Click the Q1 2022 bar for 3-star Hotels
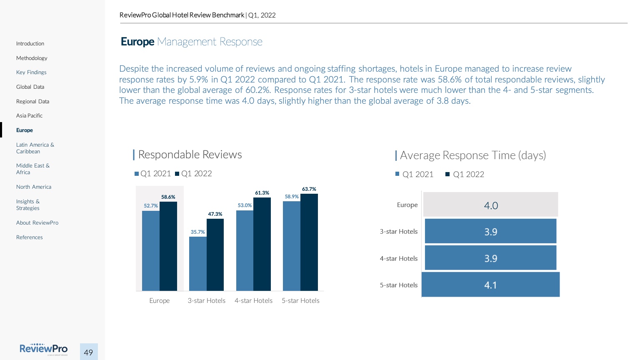[215, 255]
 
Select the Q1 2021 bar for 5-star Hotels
[292, 246]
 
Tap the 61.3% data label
[262, 193]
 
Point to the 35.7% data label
[198, 232]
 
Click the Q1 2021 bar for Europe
[151, 250]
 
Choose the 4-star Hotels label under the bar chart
[253, 301]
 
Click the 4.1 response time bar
[490, 285]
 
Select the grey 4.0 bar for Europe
[490, 205]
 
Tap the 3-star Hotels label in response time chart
[398, 232]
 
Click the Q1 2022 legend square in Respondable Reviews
[177, 174]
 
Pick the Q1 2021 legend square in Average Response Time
[397, 174]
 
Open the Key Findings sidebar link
[31, 72]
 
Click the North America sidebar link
[34, 187]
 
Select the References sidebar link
[30, 237]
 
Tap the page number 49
[88, 352]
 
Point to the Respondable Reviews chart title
[190, 155]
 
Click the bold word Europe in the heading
[137, 42]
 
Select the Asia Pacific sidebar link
[29, 116]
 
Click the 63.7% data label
[309, 189]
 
